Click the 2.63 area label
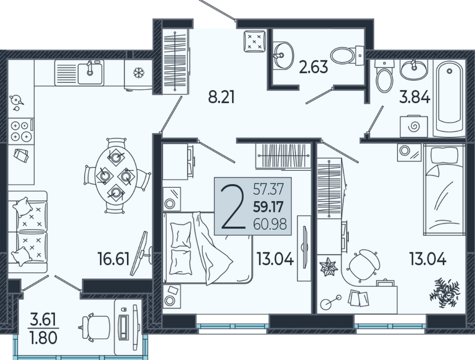[313, 67]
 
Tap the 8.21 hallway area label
[221, 97]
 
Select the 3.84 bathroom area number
[414, 97]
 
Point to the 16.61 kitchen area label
[114, 259]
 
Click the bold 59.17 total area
[268, 207]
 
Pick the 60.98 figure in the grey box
[270, 225]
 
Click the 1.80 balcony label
[44, 338]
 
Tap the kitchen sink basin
[90, 72]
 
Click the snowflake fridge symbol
[139, 73]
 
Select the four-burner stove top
[21, 131]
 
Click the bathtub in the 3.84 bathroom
[449, 98]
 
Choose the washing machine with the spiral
[414, 126]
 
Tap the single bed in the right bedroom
[444, 190]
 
